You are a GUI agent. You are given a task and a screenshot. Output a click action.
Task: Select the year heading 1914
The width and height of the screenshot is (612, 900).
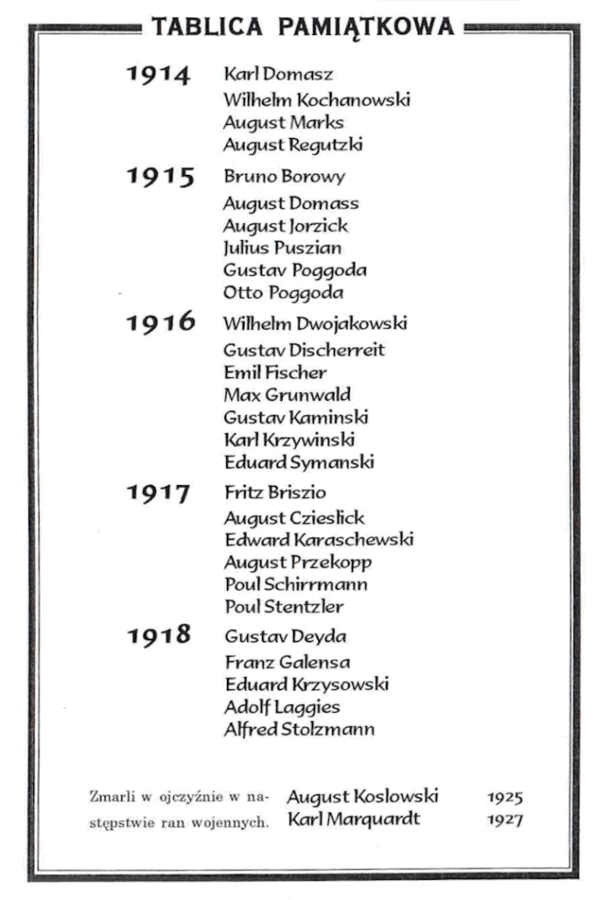[158, 76]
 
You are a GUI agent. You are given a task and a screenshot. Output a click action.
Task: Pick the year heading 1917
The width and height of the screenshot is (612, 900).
[158, 494]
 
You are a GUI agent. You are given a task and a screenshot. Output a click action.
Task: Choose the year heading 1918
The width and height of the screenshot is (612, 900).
[158, 635]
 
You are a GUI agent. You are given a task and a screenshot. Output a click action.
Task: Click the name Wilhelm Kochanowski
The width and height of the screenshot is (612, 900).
[317, 99]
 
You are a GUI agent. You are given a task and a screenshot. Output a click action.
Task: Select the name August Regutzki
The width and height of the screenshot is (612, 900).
[293, 145]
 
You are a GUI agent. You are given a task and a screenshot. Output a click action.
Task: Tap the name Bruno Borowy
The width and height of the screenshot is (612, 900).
[284, 177]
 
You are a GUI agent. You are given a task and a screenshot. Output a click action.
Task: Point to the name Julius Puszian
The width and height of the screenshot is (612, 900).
[282, 248]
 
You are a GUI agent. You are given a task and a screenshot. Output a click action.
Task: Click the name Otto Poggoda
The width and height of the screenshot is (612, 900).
[283, 293]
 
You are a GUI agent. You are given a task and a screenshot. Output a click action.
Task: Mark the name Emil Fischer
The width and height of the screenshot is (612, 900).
[275, 372]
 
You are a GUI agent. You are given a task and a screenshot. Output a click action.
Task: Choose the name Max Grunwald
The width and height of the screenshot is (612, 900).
[287, 395]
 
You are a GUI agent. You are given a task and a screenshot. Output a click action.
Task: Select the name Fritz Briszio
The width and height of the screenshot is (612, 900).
[275, 493]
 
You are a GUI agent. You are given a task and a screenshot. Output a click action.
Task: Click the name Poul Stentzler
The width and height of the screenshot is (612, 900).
[284, 606]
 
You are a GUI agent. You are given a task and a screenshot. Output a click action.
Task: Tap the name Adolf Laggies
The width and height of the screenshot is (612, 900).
[282, 707]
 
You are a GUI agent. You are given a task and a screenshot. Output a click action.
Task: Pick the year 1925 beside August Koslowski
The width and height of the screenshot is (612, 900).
[505, 798]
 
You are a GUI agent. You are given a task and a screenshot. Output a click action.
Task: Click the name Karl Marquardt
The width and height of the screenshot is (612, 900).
[354, 820]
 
